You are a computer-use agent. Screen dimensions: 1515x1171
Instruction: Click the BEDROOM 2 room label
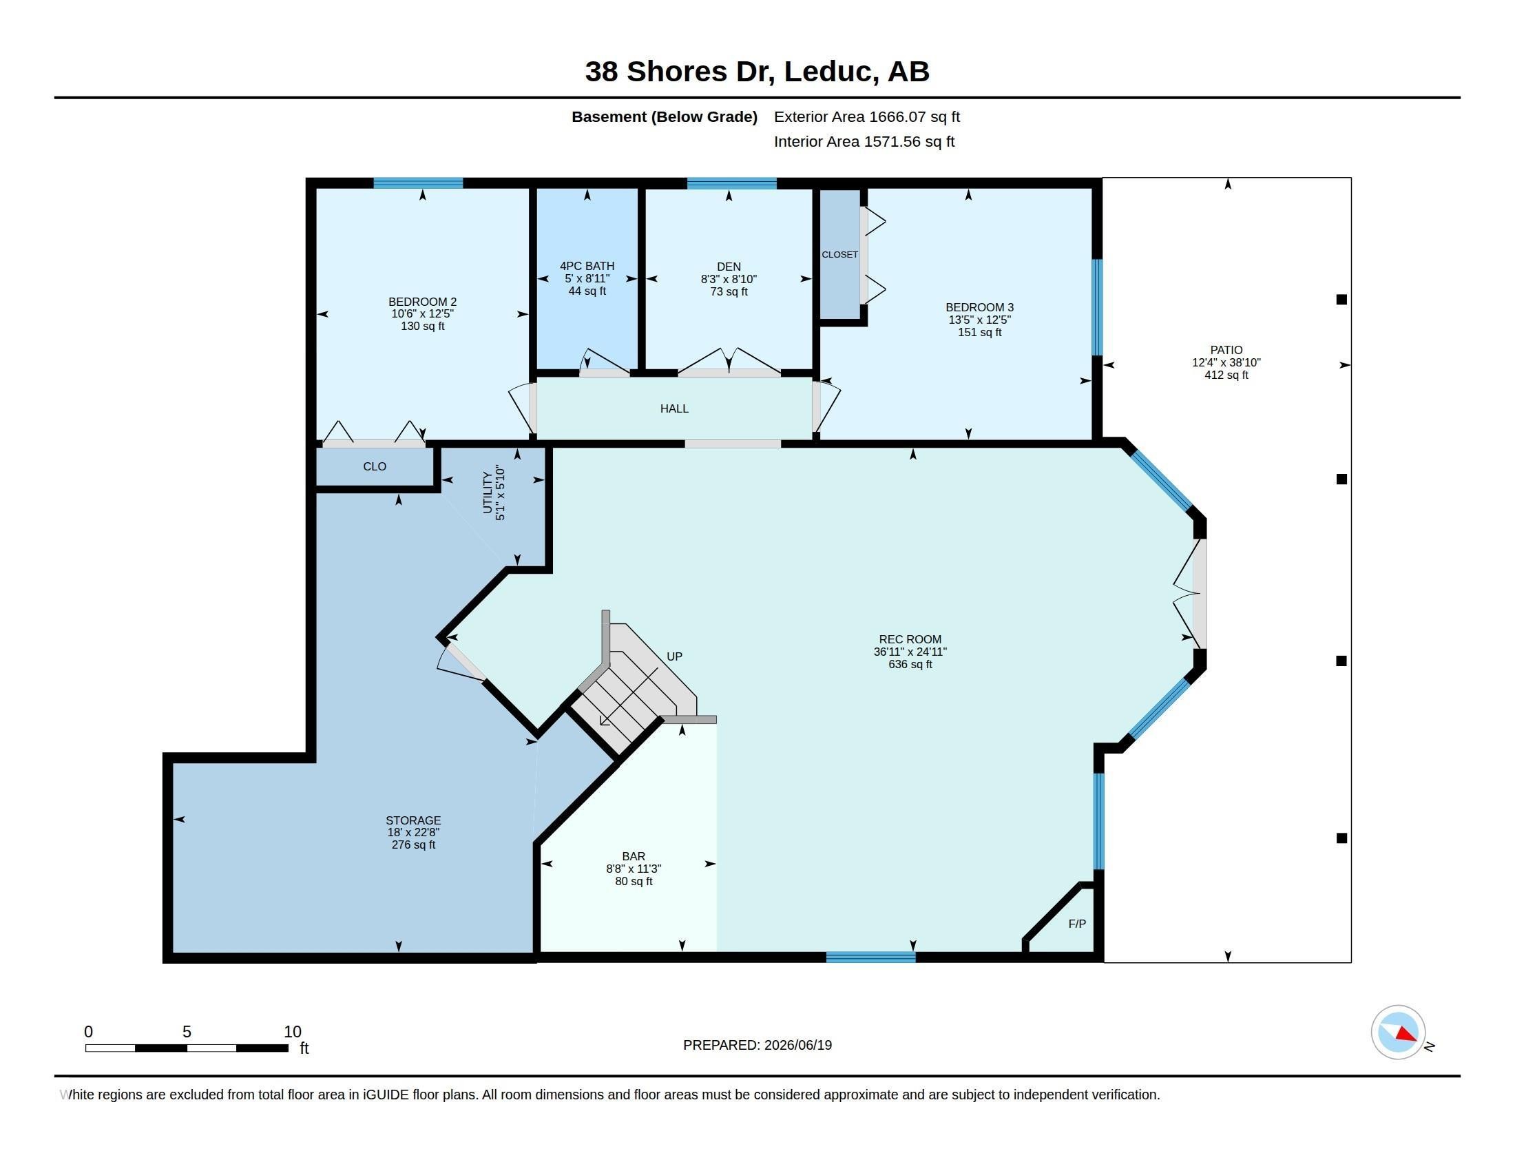tap(422, 302)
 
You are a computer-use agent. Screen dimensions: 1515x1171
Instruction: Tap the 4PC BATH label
tap(587, 266)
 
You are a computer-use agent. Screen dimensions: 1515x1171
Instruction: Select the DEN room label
tap(729, 267)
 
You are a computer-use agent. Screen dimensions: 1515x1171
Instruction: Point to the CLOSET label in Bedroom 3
tap(840, 255)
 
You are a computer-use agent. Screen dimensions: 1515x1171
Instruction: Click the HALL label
tap(674, 408)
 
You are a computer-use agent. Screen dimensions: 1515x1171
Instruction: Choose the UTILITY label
tap(487, 493)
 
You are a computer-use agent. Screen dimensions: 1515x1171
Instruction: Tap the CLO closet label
tap(375, 466)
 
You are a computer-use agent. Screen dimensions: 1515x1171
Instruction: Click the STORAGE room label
tap(413, 820)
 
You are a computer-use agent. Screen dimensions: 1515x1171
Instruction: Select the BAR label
tap(634, 856)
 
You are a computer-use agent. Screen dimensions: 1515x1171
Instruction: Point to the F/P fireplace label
tap(1076, 923)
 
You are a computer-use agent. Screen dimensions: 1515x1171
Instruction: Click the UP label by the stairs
tap(674, 656)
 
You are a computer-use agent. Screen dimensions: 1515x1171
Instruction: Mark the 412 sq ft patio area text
tap(1226, 375)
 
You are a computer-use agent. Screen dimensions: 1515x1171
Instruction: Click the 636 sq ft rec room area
tap(910, 664)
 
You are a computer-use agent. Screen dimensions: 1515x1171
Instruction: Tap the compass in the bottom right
tap(1398, 1033)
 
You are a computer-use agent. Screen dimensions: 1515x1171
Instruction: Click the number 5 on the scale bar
tap(187, 1032)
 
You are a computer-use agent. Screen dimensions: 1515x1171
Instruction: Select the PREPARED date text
tap(757, 1045)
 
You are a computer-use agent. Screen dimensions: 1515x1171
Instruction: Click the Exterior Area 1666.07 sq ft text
tap(867, 116)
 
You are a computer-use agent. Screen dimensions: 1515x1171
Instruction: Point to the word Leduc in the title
tap(828, 72)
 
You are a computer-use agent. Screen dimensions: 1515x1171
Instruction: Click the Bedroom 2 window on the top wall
tap(418, 183)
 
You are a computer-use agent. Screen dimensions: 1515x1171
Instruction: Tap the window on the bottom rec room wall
tap(870, 957)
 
